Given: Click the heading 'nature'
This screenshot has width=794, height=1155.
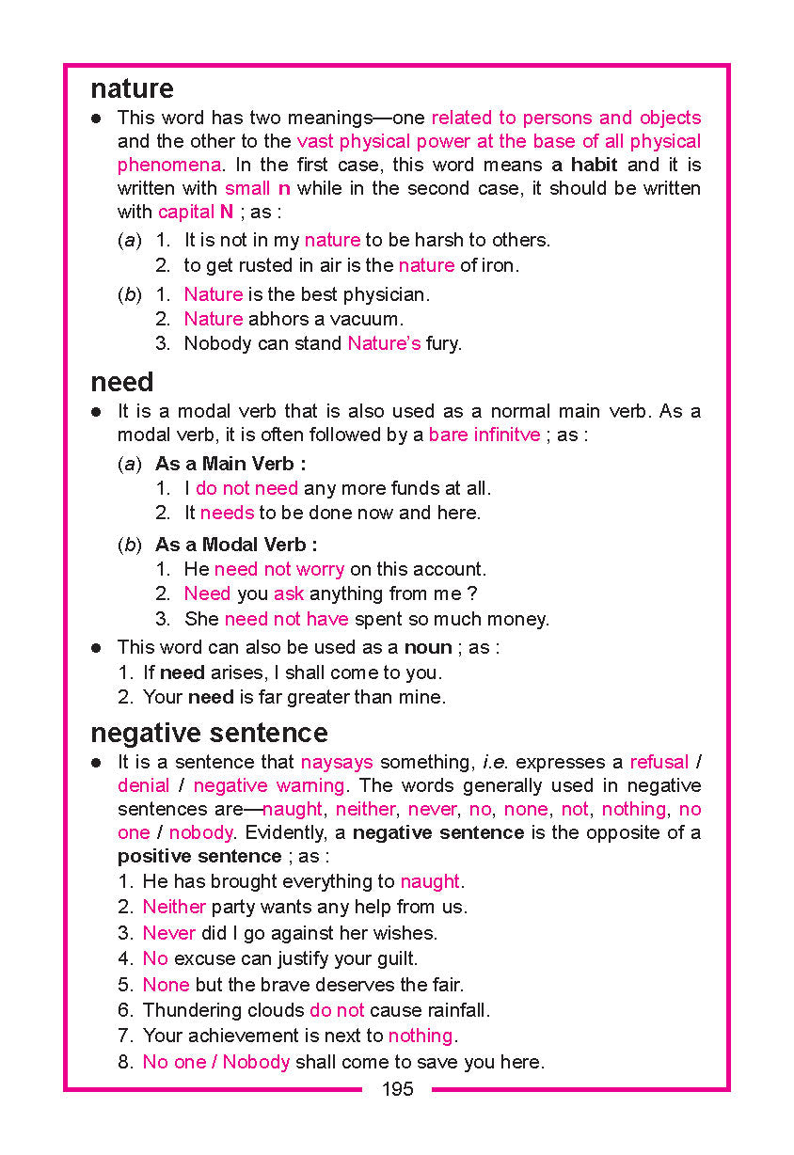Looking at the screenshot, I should click(132, 89).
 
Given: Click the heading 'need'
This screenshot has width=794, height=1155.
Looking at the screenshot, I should click(121, 383).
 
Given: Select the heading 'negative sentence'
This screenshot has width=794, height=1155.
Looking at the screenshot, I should click(209, 733).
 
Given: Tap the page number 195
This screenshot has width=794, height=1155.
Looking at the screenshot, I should click(397, 1089).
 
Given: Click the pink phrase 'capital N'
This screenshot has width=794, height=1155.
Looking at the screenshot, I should click(196, 212).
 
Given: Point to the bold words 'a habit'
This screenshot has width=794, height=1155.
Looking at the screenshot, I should click(584, 165).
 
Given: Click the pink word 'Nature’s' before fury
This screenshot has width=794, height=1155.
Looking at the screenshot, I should click(384, 343).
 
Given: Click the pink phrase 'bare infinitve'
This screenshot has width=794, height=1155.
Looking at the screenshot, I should click(484, 435).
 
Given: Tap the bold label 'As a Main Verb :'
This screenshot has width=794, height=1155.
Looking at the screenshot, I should click(230, 464).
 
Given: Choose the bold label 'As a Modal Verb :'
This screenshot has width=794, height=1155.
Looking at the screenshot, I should click(236, 545).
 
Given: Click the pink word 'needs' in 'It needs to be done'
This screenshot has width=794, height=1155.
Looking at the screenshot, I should click(227, 513).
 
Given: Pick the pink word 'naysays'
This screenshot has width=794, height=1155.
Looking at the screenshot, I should click(337, 762).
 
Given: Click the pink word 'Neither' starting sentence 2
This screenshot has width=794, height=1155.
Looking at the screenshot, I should click(174, 907).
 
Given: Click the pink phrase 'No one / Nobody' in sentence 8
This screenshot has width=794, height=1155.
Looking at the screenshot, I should click(216, 1062).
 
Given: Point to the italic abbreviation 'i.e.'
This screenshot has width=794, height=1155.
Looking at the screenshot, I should click(496, 762).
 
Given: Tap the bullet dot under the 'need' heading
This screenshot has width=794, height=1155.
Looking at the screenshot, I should click(96, 412).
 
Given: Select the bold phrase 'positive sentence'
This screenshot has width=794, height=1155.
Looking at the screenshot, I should click(199, 856).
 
